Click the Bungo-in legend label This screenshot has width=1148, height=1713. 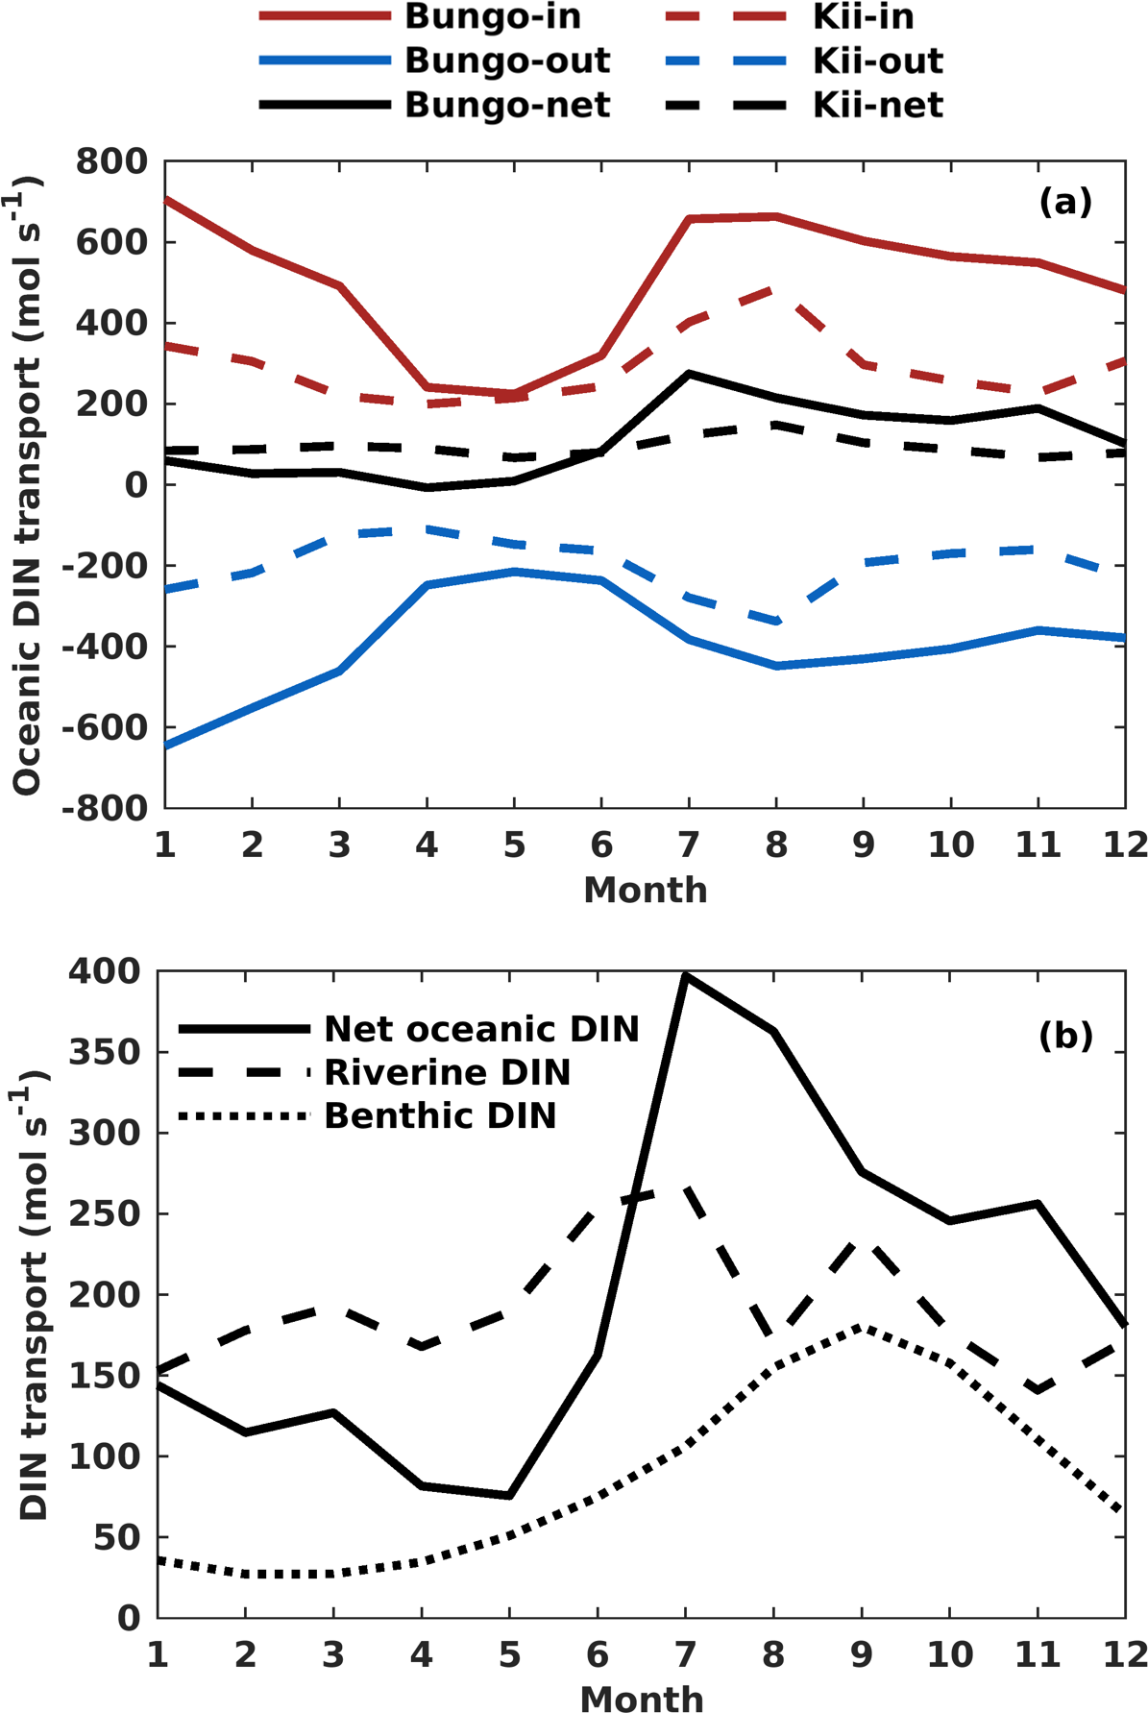[x=493, y=17]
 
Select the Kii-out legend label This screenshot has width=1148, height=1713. [x=878, y=61]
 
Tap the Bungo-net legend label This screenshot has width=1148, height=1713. [x=507, y=105]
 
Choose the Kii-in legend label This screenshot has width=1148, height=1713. [x=863, y=17]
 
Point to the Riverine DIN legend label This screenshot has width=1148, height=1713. [x=448, y=1072]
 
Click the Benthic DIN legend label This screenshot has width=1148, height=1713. [x=441, y=1115]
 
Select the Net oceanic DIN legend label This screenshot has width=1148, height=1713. [x=481, y=1029]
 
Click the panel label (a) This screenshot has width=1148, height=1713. [x=1065, y=203]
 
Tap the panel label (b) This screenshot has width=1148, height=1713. [x=1065, y=1037]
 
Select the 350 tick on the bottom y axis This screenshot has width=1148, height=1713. [x=105, y=1053]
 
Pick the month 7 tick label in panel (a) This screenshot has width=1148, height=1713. [x=689, y=845]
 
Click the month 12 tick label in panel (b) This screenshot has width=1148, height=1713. [x=1124, y=1655]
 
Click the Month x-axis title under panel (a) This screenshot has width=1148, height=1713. [x=646, y=891]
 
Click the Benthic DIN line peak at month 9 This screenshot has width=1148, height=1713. [x=864, y=1327]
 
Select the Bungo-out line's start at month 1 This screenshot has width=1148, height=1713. [x=166, y=746]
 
